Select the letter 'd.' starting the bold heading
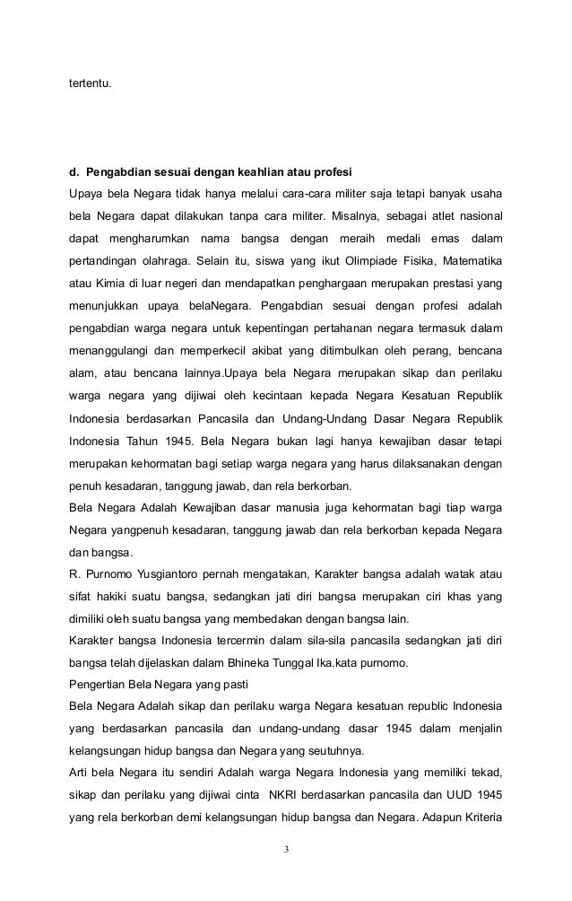[74, 171]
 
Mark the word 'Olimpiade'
[350, 260]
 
